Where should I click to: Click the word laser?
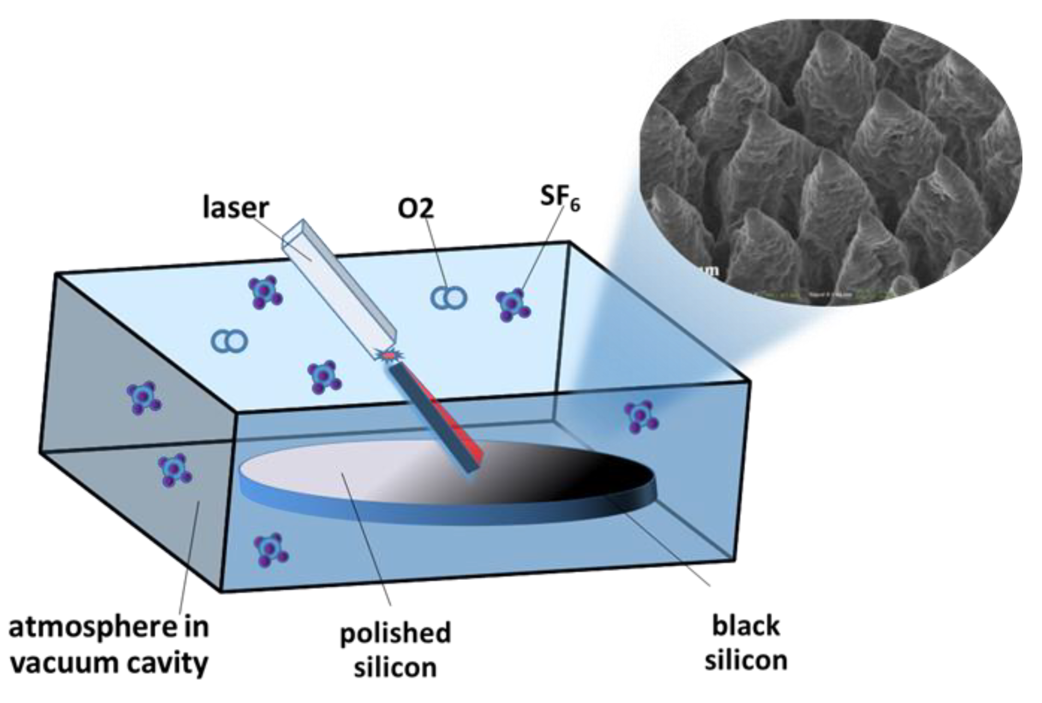click(236, 208)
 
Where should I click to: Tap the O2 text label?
click(416, 208)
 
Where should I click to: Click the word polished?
click(395, 634)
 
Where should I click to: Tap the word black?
click(746, 626)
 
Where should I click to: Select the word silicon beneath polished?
click(395, 668)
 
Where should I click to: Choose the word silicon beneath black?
click(746, 660)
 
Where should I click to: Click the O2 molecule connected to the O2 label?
click(448, 298)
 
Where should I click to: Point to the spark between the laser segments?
click(388, 355)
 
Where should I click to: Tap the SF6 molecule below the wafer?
click(271, 550)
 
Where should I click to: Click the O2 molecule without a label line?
click(229, 341)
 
